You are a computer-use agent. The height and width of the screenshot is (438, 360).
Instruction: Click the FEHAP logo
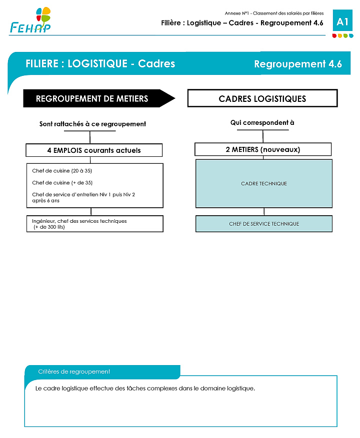coord(30,20)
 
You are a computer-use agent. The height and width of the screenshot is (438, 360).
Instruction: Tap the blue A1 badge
coord(342,20)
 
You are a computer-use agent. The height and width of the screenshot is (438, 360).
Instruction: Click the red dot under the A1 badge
coord(334,36)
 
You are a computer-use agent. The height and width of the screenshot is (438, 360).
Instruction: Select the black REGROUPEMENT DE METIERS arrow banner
coord(99,98)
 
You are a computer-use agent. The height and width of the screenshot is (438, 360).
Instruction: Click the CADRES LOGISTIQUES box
coord(262,98)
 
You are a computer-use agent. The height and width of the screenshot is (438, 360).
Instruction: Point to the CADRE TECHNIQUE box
coord(264,183)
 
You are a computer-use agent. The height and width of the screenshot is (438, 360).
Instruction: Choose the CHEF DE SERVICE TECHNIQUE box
coord(264,224)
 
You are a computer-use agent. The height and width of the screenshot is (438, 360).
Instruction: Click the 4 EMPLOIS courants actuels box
coord(94,150)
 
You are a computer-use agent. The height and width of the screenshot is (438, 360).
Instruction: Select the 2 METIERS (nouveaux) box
coord(263,149)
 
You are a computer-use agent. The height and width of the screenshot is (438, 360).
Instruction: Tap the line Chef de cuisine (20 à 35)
coord(62,171)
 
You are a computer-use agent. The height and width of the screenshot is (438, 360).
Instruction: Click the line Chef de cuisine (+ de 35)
coord(62,183)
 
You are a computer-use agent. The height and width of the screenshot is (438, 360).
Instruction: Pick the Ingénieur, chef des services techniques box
coord(95,224)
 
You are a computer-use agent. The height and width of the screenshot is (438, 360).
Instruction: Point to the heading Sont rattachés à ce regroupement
coord(92,124)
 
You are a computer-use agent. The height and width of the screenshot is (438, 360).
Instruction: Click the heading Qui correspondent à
coord(262,123)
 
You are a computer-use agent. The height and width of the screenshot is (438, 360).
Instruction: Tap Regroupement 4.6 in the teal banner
coord(298,64)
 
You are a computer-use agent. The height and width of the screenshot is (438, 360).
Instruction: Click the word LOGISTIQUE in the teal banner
coord(97,64)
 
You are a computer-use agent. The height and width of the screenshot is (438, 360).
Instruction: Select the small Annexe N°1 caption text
coord(274,13)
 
